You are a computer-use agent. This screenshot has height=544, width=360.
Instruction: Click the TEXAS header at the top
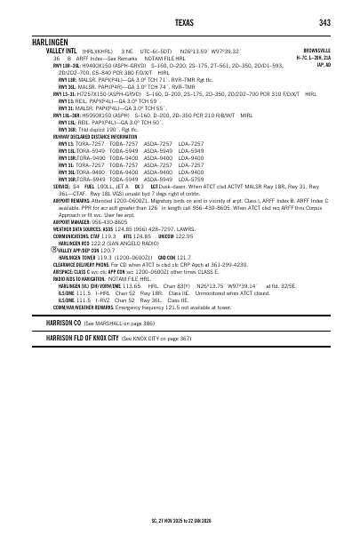click(180, 21)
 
